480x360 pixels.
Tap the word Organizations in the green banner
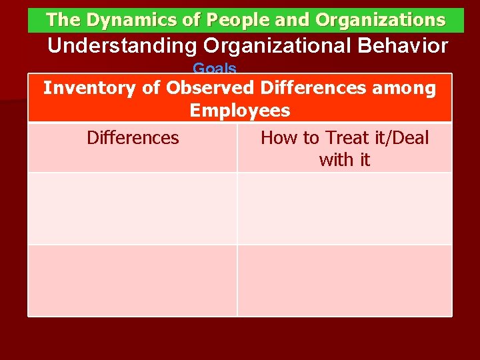pyautogui.click(x=380, y=21)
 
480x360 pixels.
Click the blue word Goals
pyautogui.click(x=215, y=69)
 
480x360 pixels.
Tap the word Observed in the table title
pyautogui.click(x=210, y=88)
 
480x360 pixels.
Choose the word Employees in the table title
pyautogui.click(x=240, y=111)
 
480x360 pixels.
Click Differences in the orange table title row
pyautogui.click(x=314, y=88)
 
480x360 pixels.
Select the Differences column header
pyautogui.click(x=133, y=138)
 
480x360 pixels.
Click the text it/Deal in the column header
pyautogui.click(x=401, y=138)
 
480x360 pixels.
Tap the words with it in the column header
pyautogui.click(x=345, y=161)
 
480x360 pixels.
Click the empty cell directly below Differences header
pyautogui.click(x=133, y=209)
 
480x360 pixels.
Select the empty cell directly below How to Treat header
pyautogui.click(x=345, y=209)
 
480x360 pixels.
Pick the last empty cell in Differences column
pyautogui.click(x=133, y=280)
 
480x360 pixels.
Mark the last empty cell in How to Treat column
pyautogui.click(x=345, y=280)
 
